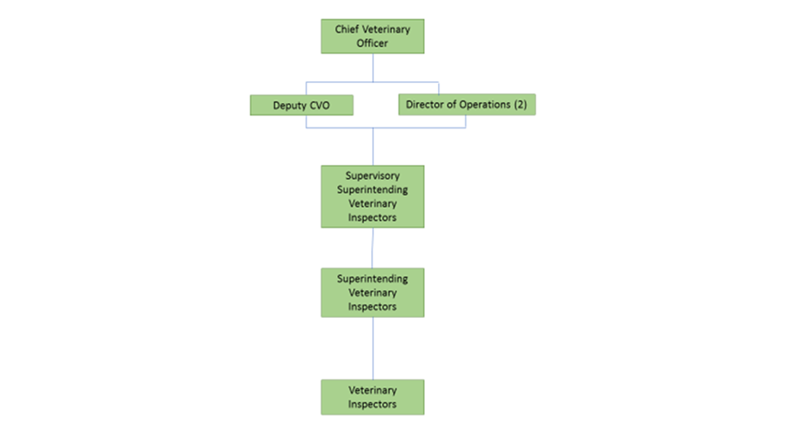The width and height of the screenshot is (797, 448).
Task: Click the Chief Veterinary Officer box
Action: (372, 36)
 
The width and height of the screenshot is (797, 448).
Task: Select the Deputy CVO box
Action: (301, 106)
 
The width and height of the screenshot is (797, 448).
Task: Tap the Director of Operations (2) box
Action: (466, 105)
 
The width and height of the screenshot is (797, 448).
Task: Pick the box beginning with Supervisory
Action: (372, 196)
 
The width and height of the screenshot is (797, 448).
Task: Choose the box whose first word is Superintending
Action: (372, 292)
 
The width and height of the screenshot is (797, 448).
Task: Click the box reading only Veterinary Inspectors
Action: (372, 397)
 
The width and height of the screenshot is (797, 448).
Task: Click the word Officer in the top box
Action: (372, 43)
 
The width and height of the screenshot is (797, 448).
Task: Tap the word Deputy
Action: (290, 106)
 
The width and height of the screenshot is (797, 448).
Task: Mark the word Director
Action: (426, 105)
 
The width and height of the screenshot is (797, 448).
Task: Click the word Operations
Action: (484, 105)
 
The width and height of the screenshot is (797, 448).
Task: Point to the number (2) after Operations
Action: (520, 105)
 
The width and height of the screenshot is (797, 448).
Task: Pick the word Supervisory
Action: (372, 176)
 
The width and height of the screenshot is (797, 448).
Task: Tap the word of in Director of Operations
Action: (452, 105)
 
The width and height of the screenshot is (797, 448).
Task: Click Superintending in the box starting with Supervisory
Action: (372, 190)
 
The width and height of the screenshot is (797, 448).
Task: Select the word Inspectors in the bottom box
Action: (372, 404)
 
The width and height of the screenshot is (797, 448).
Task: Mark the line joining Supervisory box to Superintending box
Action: (372, 247)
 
